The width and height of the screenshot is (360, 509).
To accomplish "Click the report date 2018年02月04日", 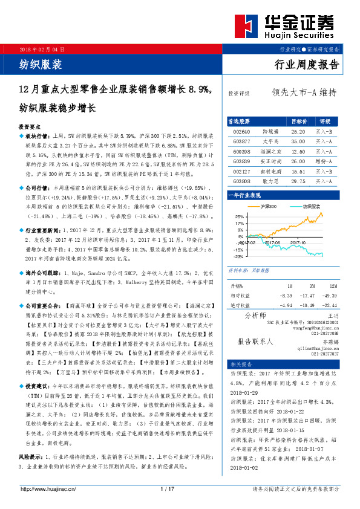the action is (42, 48).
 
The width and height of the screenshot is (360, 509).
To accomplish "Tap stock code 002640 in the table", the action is (242, 131).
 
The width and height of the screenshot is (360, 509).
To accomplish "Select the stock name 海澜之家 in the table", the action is (272, 151).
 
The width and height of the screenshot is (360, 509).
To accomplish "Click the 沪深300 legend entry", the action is (267, 207).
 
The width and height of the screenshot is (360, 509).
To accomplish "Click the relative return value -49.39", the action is (330, 295).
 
